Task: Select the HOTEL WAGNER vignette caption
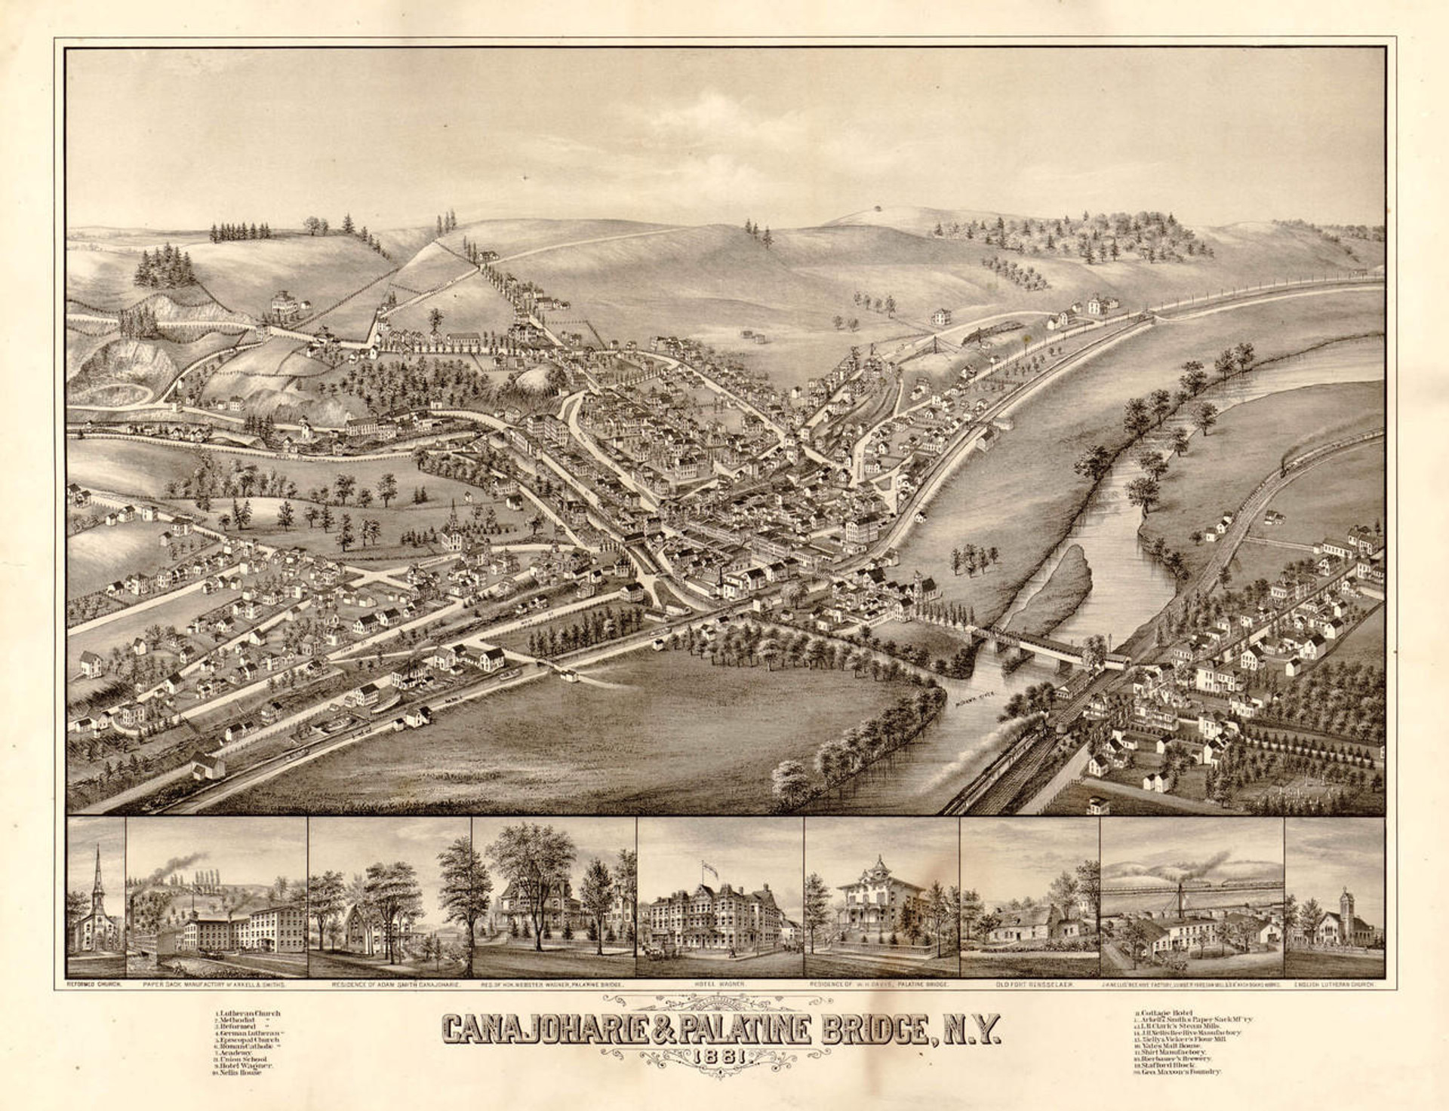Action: click(x=719, y=985)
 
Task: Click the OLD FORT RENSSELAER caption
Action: click(x=1030, y=985)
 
